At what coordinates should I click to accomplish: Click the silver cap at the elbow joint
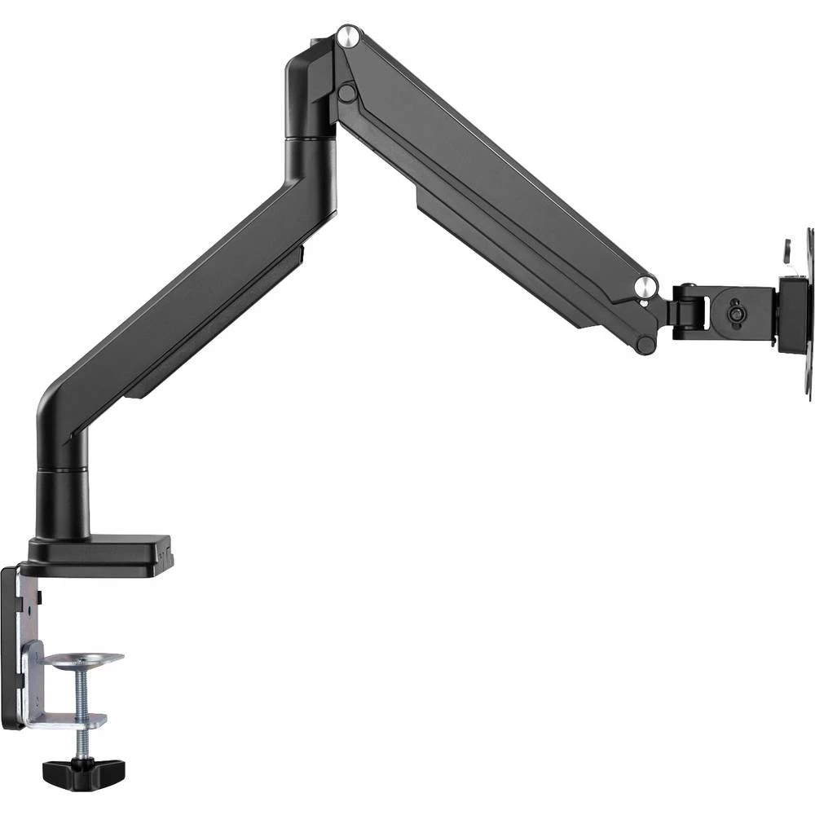348,36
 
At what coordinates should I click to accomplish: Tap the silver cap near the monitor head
645,286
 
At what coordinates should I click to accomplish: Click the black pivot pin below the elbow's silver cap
347,93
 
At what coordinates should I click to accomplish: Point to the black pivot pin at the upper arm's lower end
645,344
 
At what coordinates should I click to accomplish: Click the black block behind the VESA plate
791,314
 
